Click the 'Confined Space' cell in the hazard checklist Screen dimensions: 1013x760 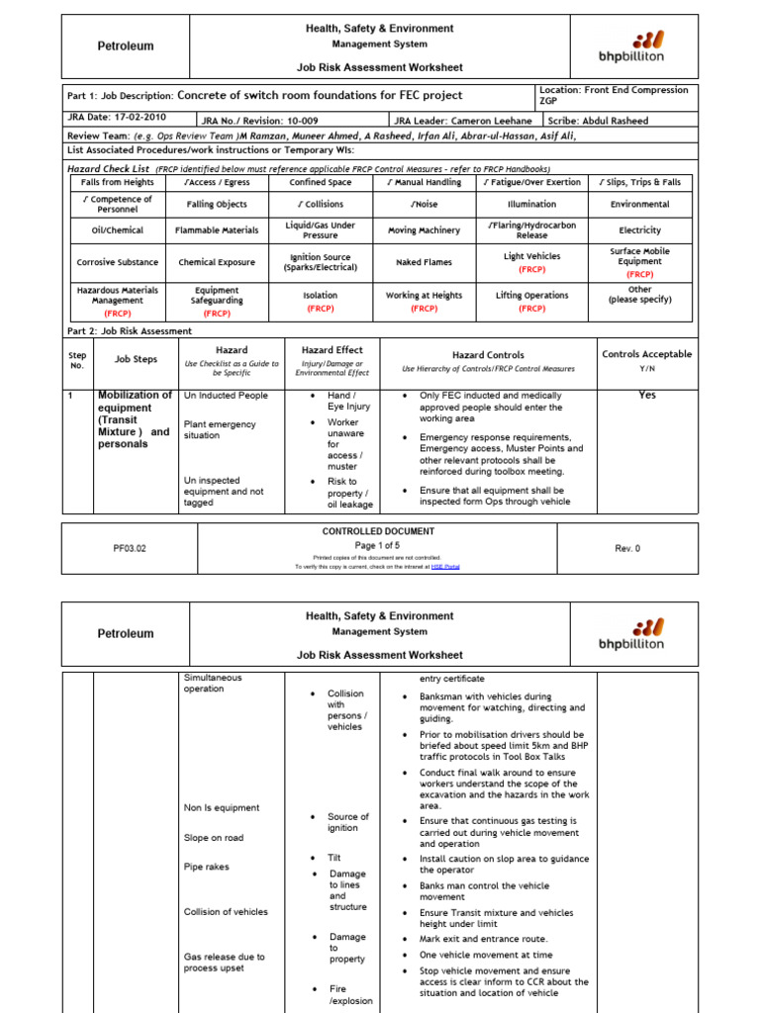(320, 183)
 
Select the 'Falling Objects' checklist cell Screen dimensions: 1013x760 (217, 205)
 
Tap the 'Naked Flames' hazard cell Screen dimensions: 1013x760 (424, 263)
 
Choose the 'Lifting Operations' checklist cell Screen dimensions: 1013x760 (531, 296)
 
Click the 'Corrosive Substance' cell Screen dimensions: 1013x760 (117, 263)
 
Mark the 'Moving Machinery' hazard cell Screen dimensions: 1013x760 (424, 230)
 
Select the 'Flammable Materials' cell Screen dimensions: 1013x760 (217, 230)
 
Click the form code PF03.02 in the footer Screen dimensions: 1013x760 (130, 548)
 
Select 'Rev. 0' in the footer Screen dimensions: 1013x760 (627, 548)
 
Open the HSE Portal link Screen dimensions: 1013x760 (445, 567)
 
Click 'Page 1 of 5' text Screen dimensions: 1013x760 (378, 545)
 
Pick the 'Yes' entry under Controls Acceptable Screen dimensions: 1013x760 (647, 395)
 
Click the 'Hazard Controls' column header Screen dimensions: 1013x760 (488, 355)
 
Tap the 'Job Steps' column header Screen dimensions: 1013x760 (136, 360)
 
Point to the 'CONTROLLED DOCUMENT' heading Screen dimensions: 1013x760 (378, 531)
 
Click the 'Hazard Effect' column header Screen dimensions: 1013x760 (332, 350)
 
